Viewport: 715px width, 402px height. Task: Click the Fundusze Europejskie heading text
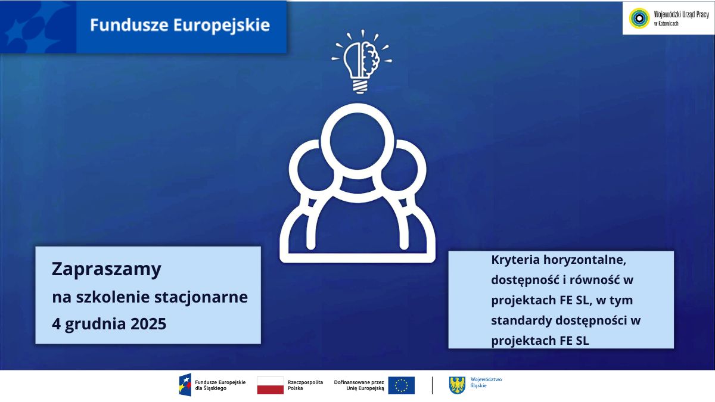click(x=180, y=26)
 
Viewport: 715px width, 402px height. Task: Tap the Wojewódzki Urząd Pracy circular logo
click(x=640, y=18)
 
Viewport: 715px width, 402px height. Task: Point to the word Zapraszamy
click(x=107, y=269)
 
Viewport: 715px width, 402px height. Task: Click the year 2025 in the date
click(x=146, y=325)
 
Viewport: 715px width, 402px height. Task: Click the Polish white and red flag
click(x=271, y=385)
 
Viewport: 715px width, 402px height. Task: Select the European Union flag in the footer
click(x=401, y=385)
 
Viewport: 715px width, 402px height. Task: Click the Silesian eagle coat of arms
click(x=457, y=385)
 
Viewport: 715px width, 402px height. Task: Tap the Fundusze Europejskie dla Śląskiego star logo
click(x=185, y=385)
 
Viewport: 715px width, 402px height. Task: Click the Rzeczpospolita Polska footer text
click(x=305, y=385)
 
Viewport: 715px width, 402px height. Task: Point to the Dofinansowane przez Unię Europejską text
click(x=359, y=385)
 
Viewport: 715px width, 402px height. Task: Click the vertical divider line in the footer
click(x=432, y=385)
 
